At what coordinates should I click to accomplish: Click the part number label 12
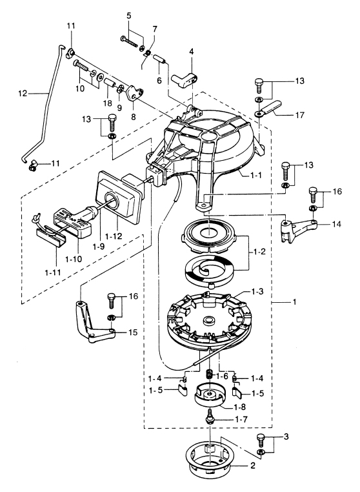tap(23, 93)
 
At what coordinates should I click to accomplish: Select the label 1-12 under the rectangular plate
tap(114, 235)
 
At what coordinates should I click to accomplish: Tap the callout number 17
tap(300, 115)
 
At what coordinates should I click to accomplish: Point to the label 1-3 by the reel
tap(257, 291)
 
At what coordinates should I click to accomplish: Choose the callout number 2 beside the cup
tap(253, 466)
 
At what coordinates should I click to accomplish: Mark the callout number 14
tap(336, 224)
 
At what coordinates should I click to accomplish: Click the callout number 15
tap(134, 332)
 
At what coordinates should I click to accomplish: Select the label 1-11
tap(52, 272)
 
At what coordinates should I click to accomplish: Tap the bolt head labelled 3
tap(260, 436)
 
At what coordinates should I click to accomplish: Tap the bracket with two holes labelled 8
tap(135, 93)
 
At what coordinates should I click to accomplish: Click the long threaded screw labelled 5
tap(129, 41)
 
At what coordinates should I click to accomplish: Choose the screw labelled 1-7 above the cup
tap(210, 416)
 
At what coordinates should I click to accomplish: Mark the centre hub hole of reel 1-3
tap(209, 320)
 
